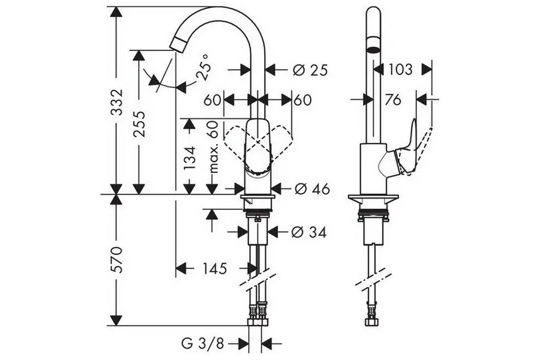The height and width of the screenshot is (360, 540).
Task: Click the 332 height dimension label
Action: click(x=118, y=103)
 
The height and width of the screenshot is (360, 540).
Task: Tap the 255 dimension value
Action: click(x=139, y=124)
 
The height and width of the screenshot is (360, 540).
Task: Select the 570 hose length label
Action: click(x=118, y=259)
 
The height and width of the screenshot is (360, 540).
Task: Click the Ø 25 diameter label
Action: click(x=310, y=71)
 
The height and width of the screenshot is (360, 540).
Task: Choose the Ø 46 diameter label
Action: click(x=313, y=189)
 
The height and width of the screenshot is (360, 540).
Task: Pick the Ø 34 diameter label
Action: click(x=308, y=232)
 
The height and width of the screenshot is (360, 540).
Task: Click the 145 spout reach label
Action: click(x=214, y=268)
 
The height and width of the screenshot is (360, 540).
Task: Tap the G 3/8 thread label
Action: click(x=203, y=343)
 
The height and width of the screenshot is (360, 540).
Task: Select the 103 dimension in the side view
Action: click(x=400, y=69)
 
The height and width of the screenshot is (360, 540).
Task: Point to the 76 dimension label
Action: click(x=393, y=100)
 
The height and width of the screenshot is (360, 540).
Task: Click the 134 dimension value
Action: click(x=190, y=157)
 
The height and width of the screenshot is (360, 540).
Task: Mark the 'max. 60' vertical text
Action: click(x=214, y=146)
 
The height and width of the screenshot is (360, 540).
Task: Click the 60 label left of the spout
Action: click(x=212, y=100)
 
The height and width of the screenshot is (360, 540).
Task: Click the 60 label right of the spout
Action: click(x=303, y=100)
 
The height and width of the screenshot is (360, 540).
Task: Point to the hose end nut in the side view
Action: click(x=370, y=322)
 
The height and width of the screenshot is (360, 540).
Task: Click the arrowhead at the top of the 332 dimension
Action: click(x=117, y=12)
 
